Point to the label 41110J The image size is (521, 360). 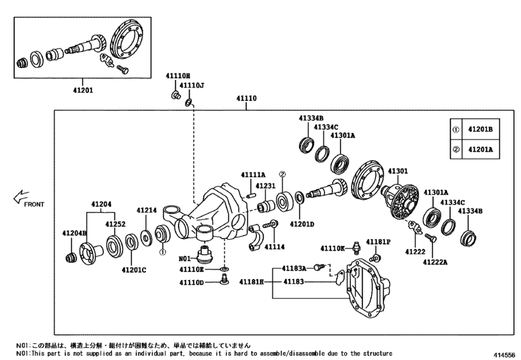[x=191, y=85]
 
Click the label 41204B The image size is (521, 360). [x=75, y=232]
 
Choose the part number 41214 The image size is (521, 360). [x=146, y=210]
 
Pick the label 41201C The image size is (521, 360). [x=134, y=269]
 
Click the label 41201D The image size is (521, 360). [x=301, y=224]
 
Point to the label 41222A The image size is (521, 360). [x=435, y=262]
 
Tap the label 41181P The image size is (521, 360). [x=379, y=241]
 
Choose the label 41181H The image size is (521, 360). [x=252, y=282]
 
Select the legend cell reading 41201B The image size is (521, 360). [x=480, y=129]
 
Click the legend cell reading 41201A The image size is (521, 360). [x=480, y=149]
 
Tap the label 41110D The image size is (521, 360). [x=191, y=282]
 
